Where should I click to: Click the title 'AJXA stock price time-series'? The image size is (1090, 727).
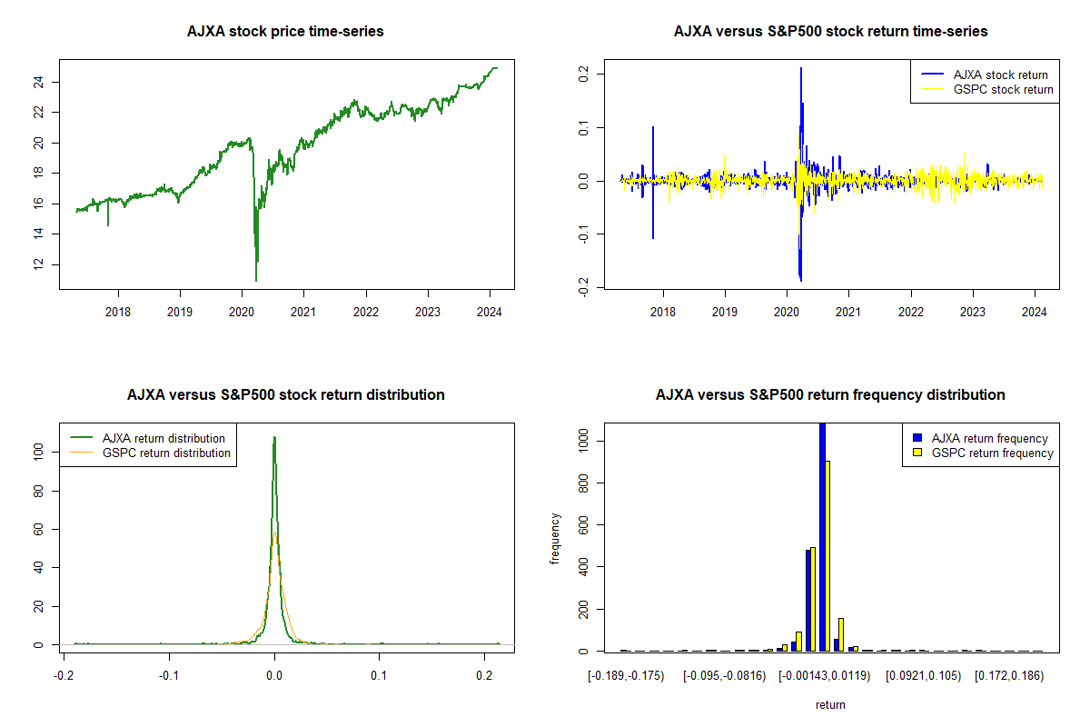coord(285,32)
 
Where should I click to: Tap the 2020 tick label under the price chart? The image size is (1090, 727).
coord(242,313)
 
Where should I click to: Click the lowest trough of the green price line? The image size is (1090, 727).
coord(256,280)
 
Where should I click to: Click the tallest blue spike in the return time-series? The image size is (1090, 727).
coord(801,69)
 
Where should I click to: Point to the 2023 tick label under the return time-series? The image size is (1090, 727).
coord(973,313)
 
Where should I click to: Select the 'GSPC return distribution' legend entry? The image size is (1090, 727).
coord(166,453)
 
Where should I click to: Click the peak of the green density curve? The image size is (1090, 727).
coord(274,438)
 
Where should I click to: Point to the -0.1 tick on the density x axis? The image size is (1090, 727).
coord(168,676)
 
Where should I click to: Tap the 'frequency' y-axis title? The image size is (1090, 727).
coord(555,539)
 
